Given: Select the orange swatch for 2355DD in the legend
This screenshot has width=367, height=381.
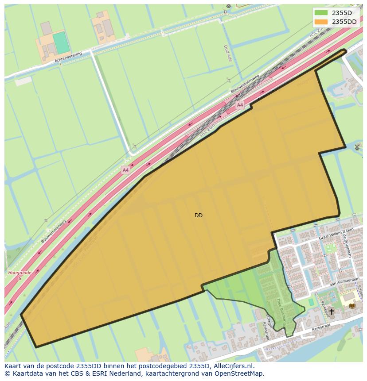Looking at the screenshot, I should pos(321,22).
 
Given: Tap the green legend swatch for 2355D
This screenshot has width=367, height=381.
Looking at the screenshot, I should pos(321,13).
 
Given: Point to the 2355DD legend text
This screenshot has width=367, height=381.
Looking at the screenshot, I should pos(344,22).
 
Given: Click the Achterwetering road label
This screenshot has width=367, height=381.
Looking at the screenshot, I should pos(69,57).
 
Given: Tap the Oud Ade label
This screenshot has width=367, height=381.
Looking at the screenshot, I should pos(226,53).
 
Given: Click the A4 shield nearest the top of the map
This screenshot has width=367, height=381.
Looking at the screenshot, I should pos(240,105).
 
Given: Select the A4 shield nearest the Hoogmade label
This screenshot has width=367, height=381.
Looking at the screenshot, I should pos(125,169).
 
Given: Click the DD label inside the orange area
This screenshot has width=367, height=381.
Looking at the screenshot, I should pos(199,216).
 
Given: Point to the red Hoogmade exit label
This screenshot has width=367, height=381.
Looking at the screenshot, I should pos(20,273).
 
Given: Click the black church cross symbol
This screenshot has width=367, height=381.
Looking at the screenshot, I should pos(332,312).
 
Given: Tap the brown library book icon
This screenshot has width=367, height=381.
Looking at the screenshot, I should pos(352,305).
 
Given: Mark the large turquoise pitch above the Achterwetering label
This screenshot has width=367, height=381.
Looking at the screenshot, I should pos(61,42).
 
